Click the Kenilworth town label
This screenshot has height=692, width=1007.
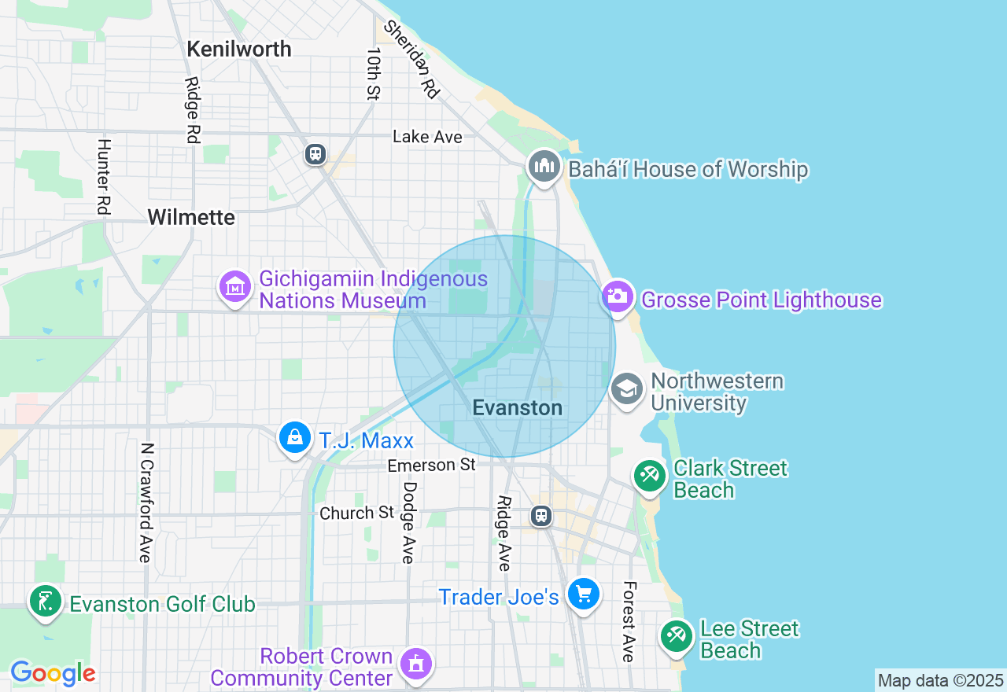tap(239, 49)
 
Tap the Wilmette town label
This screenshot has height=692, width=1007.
tap(191, 217)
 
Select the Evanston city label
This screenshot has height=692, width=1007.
tap(517, 407)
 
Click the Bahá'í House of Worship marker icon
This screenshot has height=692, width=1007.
tap(544, 167)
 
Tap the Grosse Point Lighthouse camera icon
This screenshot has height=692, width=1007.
tap(618, 297)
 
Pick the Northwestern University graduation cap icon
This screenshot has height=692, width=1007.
tap(627, 389)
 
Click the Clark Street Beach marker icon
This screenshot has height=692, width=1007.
tap(650, 476)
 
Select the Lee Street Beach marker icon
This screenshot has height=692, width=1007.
tap(676, 635)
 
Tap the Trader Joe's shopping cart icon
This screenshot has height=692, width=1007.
tap(583, 594)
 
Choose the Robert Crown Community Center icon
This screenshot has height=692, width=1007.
tap(415, 664)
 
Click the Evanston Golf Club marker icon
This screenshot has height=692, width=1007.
tap(45, 602)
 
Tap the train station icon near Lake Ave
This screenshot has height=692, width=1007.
tap(315, 153)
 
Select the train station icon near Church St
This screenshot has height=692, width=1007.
tap(540, 516)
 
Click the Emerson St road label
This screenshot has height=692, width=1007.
tap(431, 466)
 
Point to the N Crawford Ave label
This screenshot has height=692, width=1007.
tap(146, 502)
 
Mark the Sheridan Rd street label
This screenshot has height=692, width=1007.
tap(411, 59)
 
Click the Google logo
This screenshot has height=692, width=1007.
tap(53, 673)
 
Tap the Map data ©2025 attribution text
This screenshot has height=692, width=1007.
tap(940, 680)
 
